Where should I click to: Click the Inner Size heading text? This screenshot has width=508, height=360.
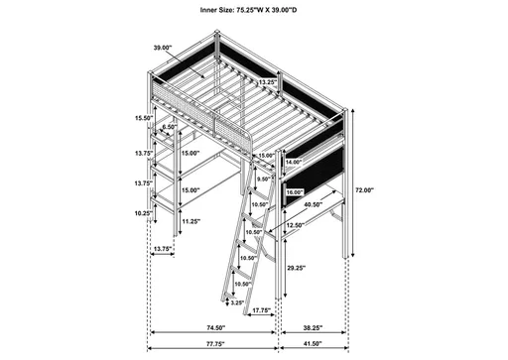(x=254, y=9)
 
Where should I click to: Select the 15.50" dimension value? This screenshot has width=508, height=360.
(x=144, y=118)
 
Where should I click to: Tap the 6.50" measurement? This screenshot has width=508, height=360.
(x=170, y=127)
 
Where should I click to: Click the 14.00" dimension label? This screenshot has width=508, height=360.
(x=294, y=161)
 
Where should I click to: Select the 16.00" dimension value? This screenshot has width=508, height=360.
(x=295, y=191)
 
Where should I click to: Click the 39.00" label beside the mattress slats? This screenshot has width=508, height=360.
(x=162, y=47)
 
